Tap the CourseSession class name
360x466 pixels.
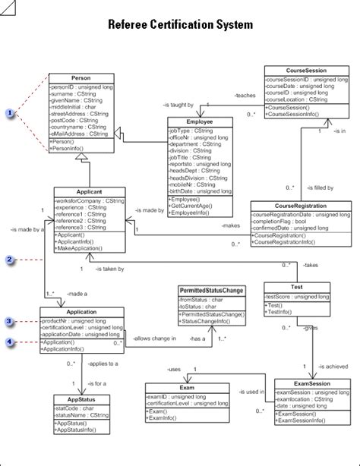[295, 70]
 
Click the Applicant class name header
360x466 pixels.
[90, 192]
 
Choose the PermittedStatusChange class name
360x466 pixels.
[211, 291]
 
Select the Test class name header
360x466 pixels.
[297, 287]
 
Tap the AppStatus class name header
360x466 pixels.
[80, 399]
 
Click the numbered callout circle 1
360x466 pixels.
[10, 113]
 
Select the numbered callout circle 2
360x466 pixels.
[10, 260]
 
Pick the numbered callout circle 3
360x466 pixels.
[10, 322]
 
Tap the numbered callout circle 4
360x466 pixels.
[10, 342]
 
